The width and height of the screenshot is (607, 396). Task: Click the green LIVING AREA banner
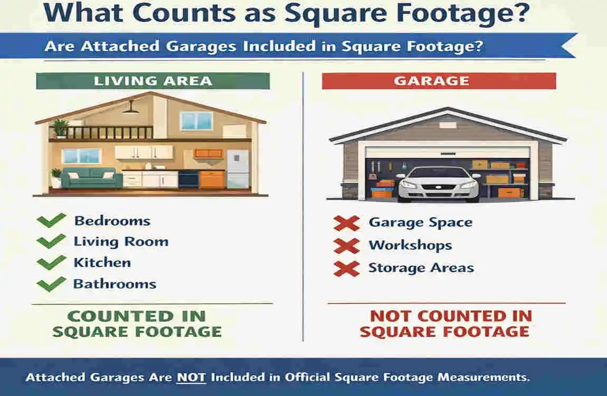[153, 81]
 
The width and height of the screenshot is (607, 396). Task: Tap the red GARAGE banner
[439, 81]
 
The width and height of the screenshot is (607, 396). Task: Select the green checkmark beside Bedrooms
[52, 220]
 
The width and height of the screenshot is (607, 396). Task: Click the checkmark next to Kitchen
[52, 262]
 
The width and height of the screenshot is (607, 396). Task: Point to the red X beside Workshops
[346, 246]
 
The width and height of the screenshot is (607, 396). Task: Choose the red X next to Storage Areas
[346, 268]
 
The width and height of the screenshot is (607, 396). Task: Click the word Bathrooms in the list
[115, 284]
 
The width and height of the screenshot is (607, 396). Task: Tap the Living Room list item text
[121, 242]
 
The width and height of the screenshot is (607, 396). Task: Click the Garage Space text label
[420, 222]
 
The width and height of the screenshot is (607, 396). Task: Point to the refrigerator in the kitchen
[238, 169]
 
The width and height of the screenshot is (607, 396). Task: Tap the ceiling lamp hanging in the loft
[130, 108]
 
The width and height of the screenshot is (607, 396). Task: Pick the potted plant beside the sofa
[56, 177]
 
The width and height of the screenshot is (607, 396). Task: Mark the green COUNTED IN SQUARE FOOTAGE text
[137, 324]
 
